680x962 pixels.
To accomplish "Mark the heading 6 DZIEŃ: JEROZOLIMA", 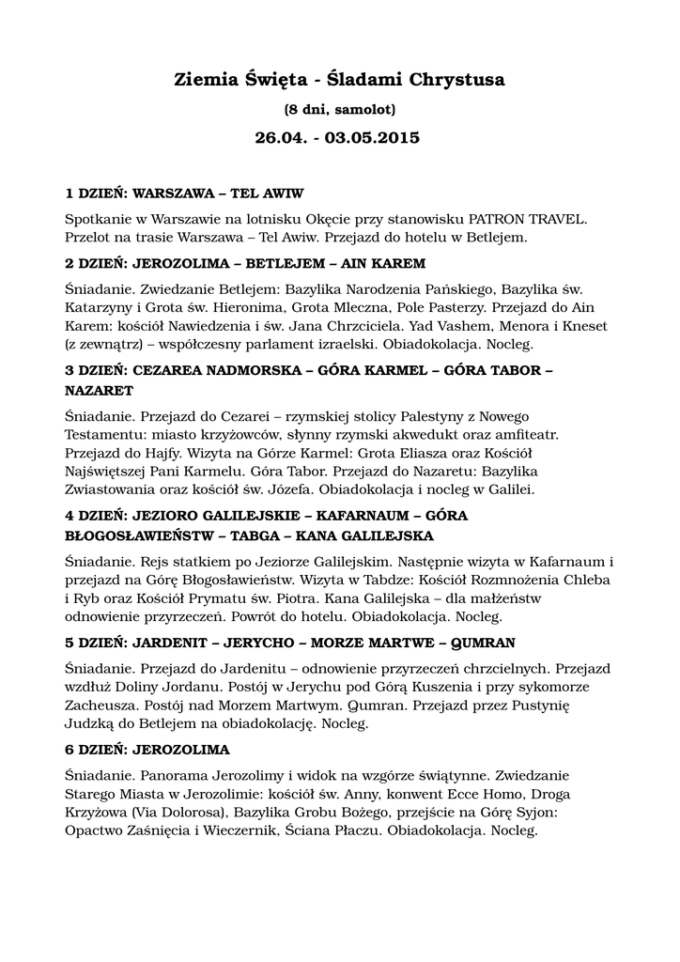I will click(147, 750).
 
